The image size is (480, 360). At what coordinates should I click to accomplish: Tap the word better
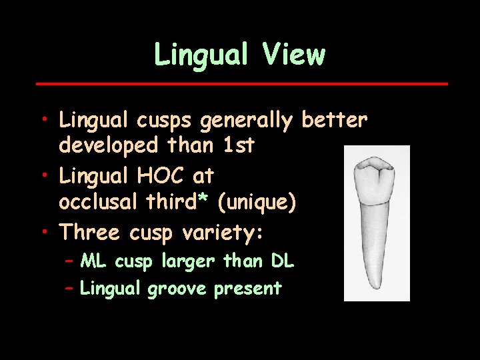tap(334, 121)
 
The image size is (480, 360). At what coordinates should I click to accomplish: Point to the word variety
tap(229, 233)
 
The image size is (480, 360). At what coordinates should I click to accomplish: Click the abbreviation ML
tap(94, 261)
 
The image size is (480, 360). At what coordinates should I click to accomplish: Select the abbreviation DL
tap(282, 261)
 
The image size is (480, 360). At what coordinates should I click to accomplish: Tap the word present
tap(248, 289)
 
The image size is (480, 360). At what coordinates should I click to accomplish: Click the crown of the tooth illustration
tap(376, 176)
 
